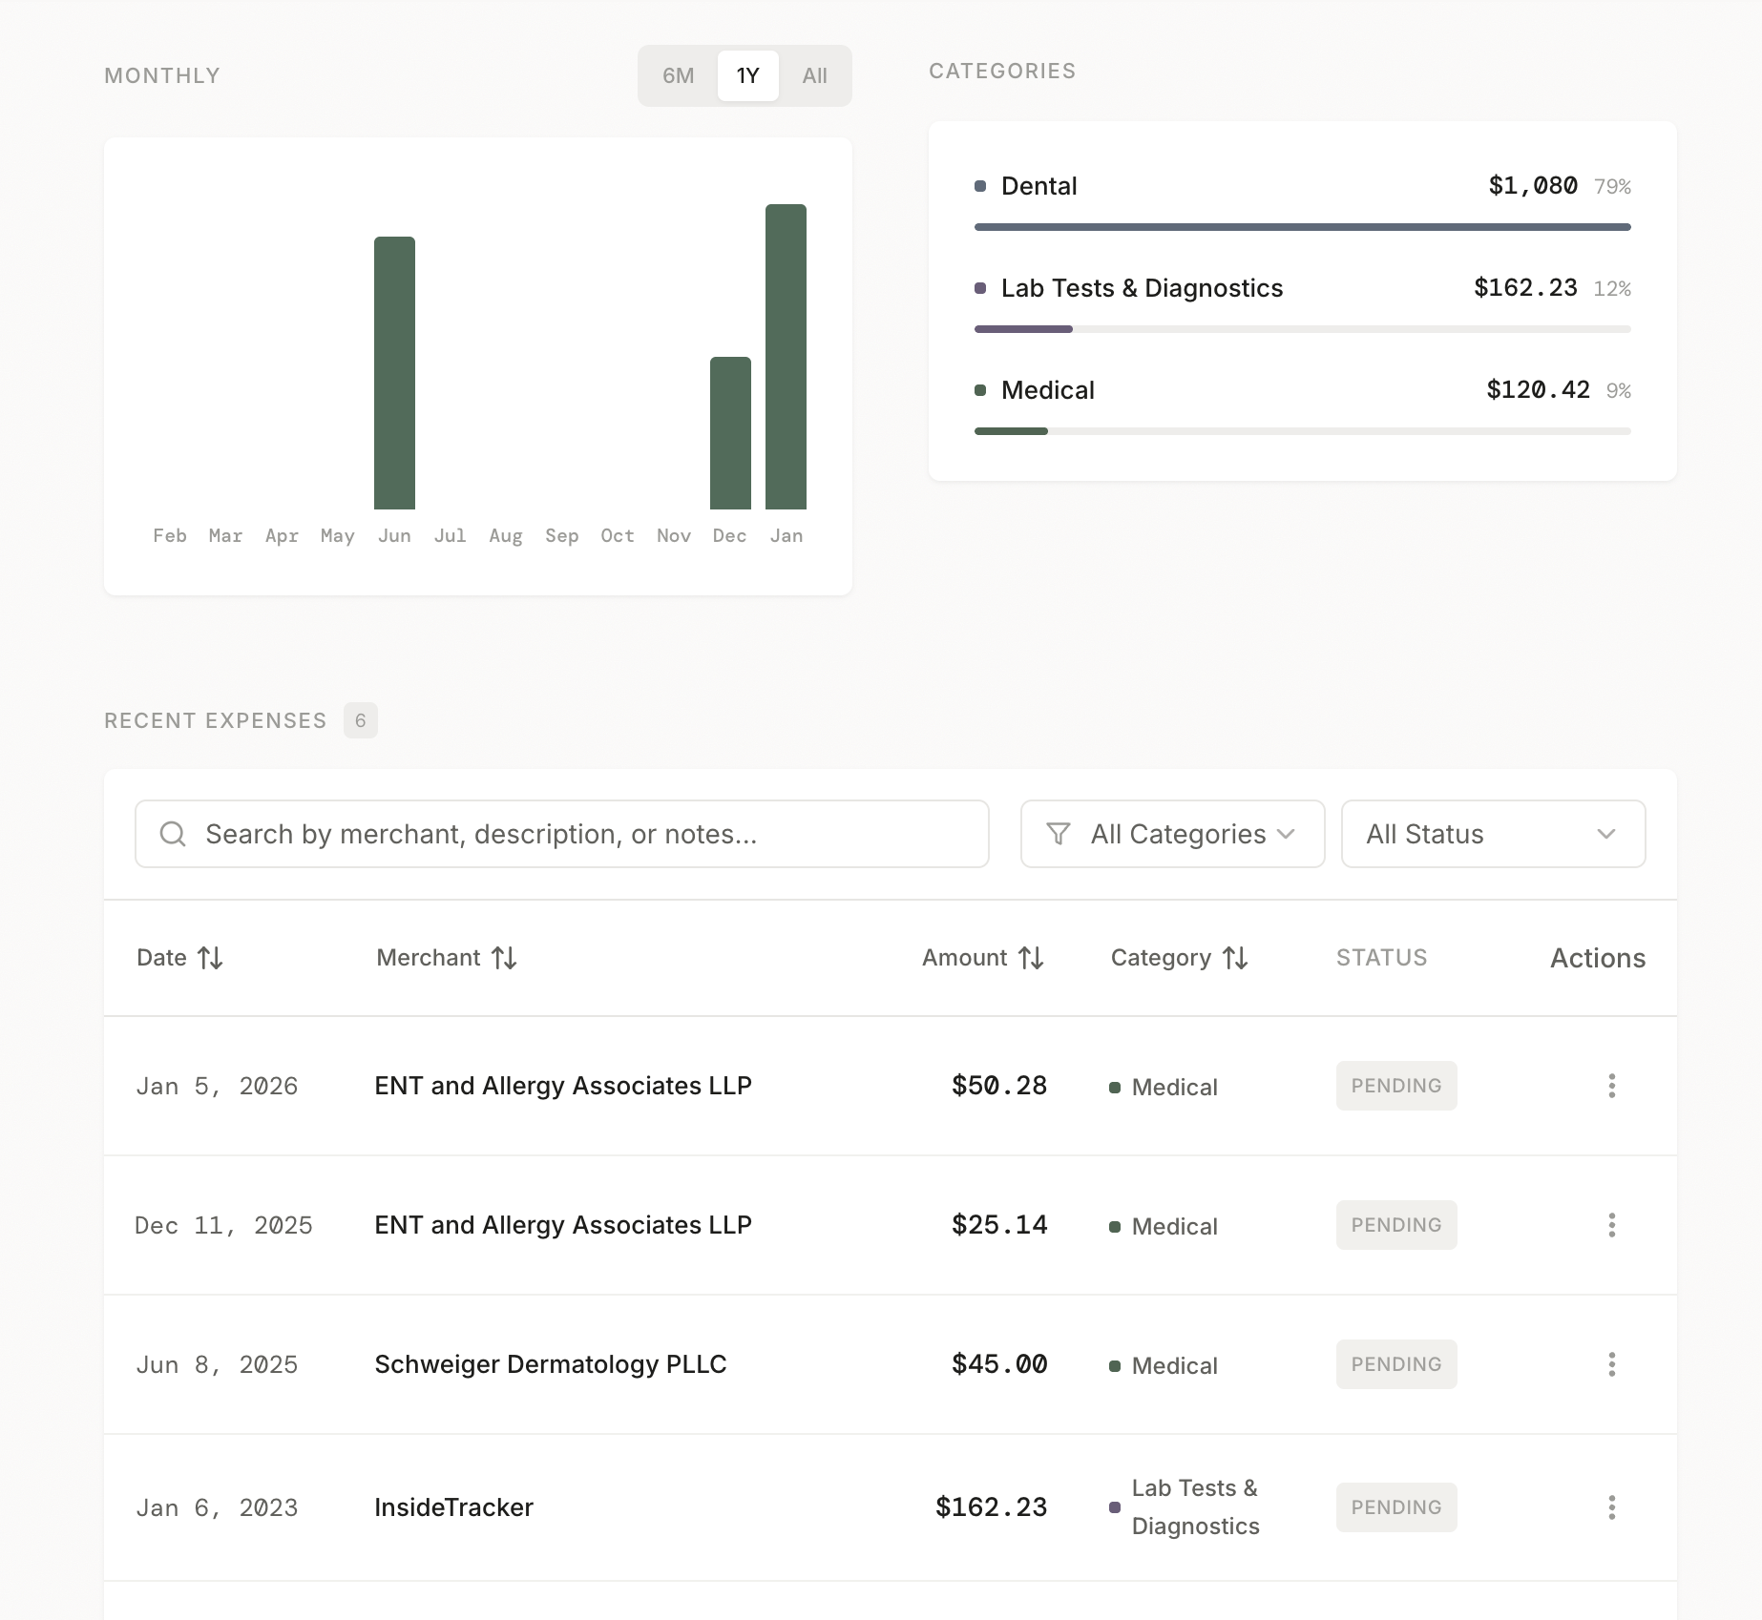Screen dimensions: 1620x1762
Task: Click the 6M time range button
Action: tap(678, 75)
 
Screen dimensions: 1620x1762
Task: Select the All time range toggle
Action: tap(814, 75)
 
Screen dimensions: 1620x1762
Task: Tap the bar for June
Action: tap(394, 373)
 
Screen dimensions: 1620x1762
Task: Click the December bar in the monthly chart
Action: tap(730, 433)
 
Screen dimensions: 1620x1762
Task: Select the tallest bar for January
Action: tap(786, 357)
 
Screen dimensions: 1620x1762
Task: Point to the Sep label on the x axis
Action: tap(561, 536)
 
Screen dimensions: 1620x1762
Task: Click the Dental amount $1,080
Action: tap(1532, 186)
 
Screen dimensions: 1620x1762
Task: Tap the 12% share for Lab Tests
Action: tap(1612, 289)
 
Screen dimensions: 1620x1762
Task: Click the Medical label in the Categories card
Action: tap(1047, 390)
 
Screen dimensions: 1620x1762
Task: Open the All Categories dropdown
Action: tap(1172, 834)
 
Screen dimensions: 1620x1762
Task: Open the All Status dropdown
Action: tap(1493, 834)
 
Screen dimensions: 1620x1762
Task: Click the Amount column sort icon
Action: tap(1031, 958)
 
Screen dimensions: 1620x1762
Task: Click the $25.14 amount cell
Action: tap(999, 1225)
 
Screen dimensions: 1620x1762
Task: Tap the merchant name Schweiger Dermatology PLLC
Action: tap(551, 1364)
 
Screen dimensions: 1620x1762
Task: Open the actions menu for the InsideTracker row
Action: tap(1611, 1507)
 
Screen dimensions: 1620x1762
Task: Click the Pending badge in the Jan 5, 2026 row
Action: tap(1395, 1086)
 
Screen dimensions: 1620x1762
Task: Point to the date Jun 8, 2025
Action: tap(217, 1365)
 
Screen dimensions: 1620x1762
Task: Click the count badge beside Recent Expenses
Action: tap(360, 720)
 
